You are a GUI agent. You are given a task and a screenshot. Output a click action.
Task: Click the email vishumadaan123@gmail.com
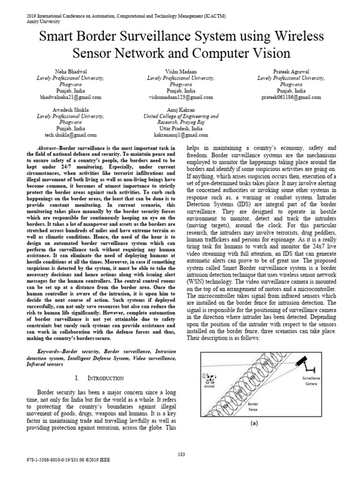tap(180, 97)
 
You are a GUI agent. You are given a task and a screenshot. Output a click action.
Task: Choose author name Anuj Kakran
tap(181, 109)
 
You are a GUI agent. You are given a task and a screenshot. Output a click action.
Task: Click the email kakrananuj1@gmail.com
tap(181, 135)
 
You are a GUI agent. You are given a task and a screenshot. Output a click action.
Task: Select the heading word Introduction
tap(106, 378)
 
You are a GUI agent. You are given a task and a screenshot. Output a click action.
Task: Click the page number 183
tap(181, 454)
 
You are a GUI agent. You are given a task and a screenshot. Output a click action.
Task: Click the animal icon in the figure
tap(208, 380)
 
